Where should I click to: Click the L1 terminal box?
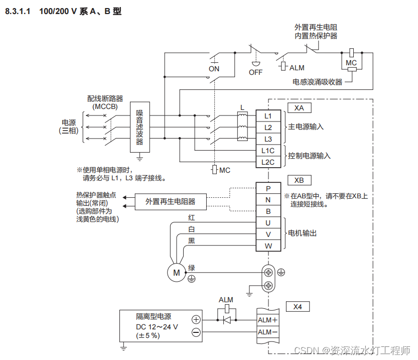[268, 116]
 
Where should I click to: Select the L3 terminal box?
[268, 139]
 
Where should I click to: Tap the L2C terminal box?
[268, 162]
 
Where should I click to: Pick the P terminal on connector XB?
[268, 188]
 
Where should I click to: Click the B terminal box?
[268, 211]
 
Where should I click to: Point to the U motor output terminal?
[268, 223]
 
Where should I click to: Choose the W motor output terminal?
[268, 246]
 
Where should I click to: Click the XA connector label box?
[299, 108]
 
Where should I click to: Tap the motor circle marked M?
[176, 272]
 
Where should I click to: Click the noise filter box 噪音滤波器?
[140, 128]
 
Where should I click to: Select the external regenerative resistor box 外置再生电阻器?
[170, 201]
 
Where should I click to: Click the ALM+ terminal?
[267, 320]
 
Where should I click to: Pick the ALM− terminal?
[267, 332]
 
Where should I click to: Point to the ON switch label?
[214, 69]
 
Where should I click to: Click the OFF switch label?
[256, 72]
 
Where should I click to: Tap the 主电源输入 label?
[306, 127]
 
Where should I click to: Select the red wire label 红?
[191, 218]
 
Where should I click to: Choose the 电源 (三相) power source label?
[68, 126]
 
